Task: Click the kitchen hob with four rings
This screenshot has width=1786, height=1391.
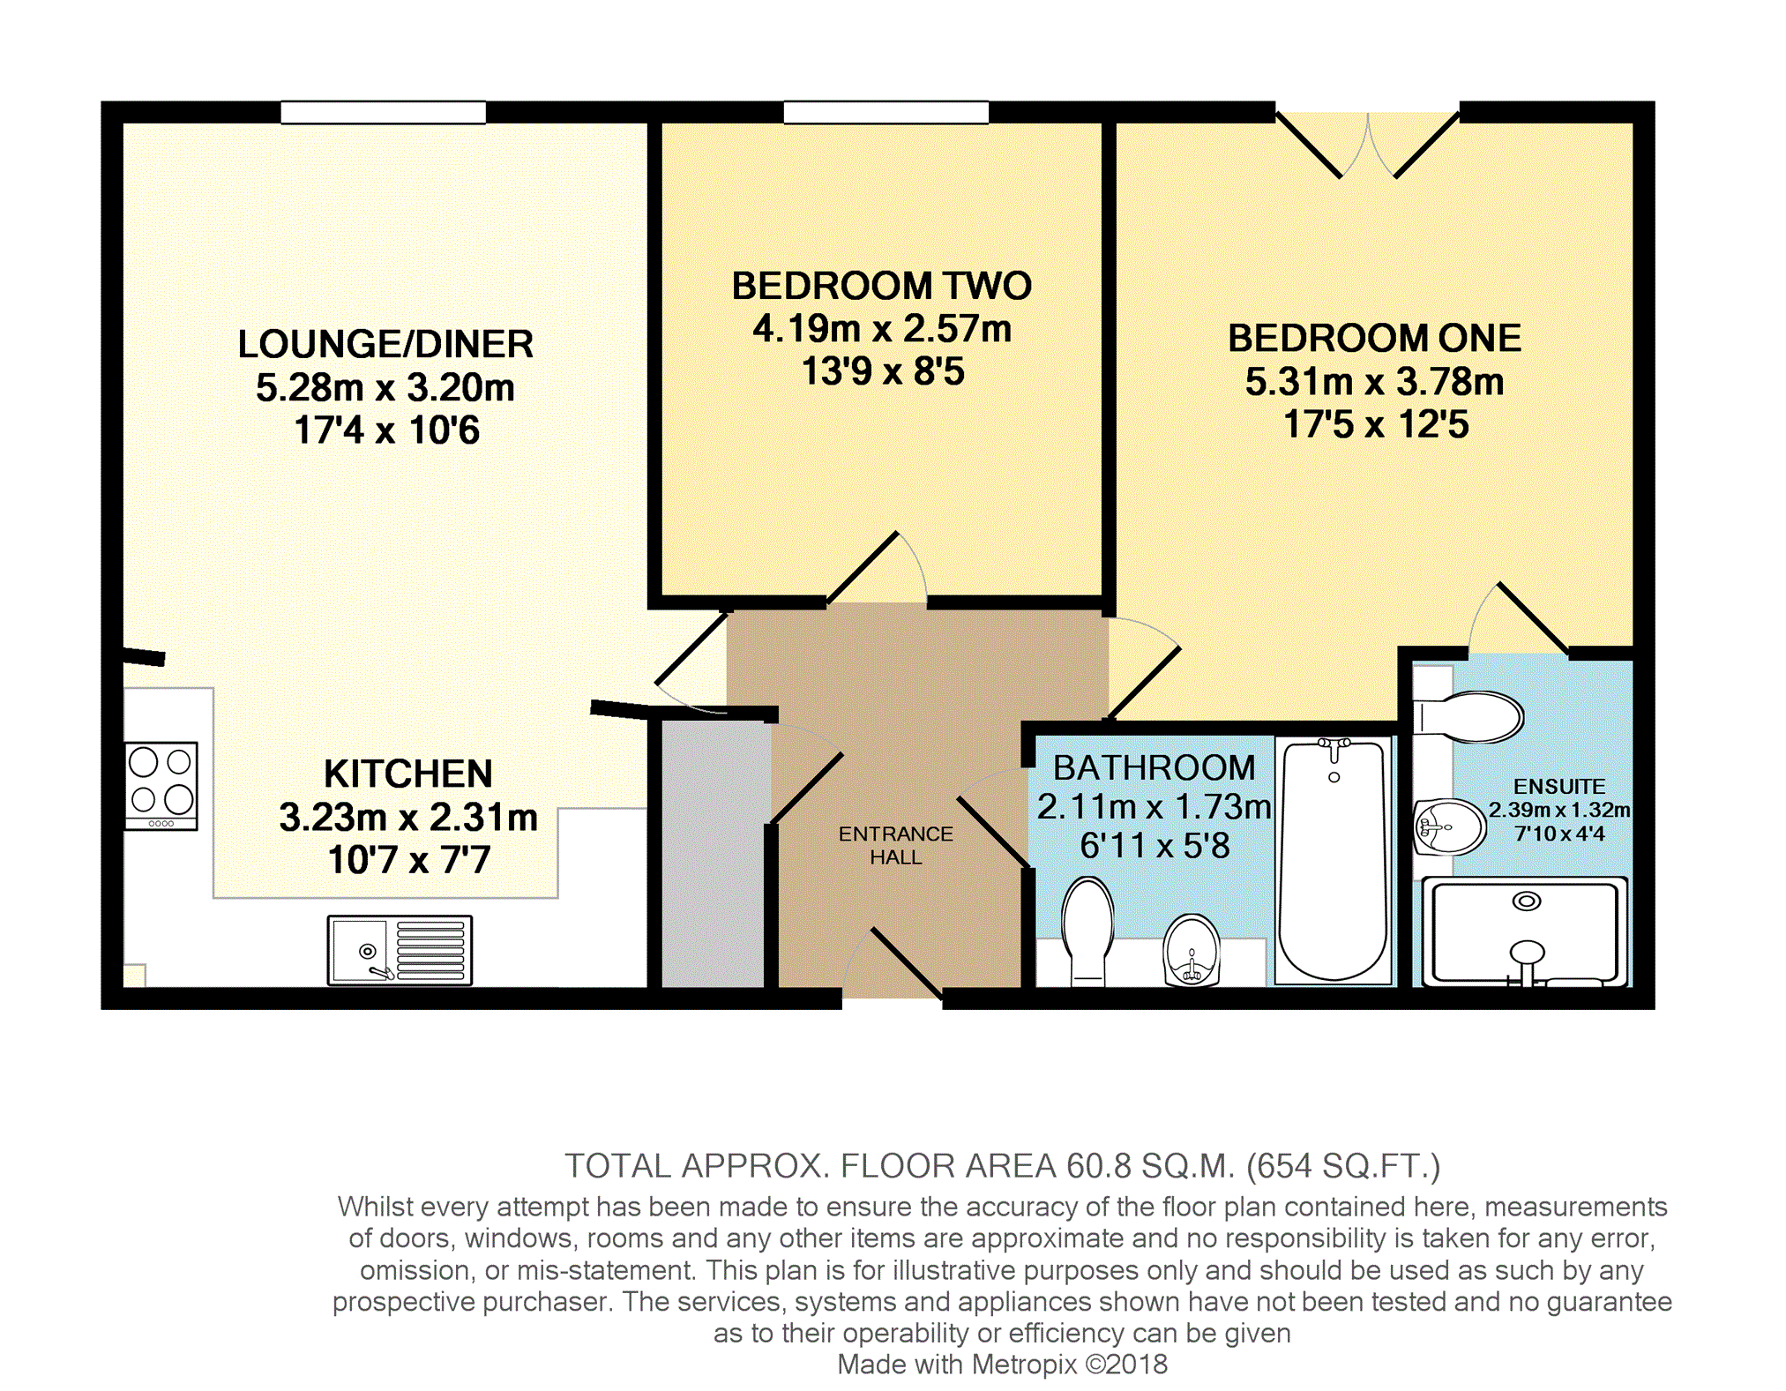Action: point(161,786)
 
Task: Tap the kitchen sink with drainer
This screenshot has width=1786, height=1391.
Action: point(400,950)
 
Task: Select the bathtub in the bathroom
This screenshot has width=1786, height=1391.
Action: point(1334,861)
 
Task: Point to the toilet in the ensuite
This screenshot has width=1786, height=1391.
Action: point(1468,716)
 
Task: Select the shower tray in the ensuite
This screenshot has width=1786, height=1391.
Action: point(1525,932)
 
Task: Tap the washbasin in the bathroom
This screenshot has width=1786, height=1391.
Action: point(1192,950)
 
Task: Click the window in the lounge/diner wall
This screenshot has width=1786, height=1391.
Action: point(384,112)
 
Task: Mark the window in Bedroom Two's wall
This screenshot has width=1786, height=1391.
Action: point(886,112)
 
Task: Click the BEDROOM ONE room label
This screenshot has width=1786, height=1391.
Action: point(1374,338)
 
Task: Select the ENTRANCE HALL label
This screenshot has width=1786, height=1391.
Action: point(895,845)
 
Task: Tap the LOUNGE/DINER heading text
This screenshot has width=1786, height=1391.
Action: point(385,344)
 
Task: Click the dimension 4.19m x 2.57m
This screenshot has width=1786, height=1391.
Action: point(882,329)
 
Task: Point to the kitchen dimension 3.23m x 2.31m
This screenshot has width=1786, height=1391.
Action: point(408,817)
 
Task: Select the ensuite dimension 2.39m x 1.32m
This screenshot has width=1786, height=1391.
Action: point(1559,810)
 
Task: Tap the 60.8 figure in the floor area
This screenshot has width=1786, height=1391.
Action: point(1098,1166)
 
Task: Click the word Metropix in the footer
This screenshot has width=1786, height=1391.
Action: point(1024,1365)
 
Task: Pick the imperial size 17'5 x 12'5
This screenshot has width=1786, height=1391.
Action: point(1376,424)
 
